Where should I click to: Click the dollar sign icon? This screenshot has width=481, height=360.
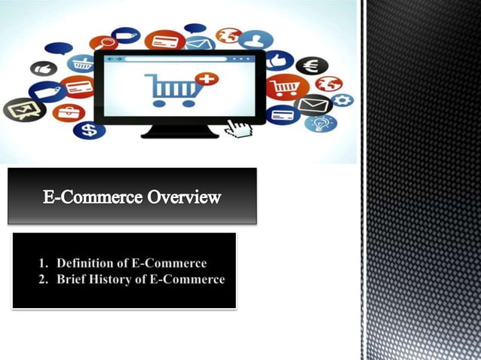point(89,130)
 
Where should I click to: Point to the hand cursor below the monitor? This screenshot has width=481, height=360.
point(239,127)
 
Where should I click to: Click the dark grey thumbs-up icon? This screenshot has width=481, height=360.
point(43,69)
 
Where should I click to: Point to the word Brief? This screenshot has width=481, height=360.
point(73,279)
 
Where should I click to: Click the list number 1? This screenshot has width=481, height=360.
point(43,264)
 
